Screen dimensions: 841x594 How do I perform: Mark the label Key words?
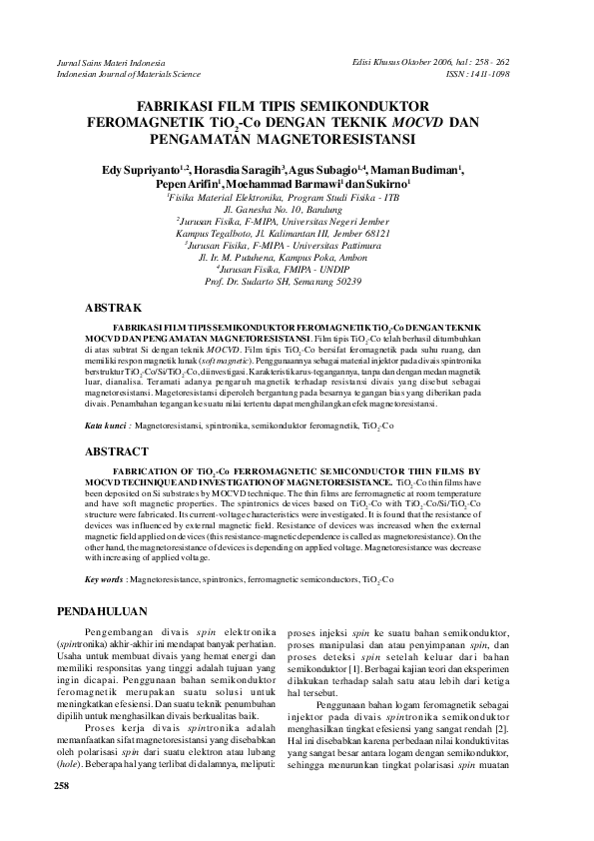pos(105,579)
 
